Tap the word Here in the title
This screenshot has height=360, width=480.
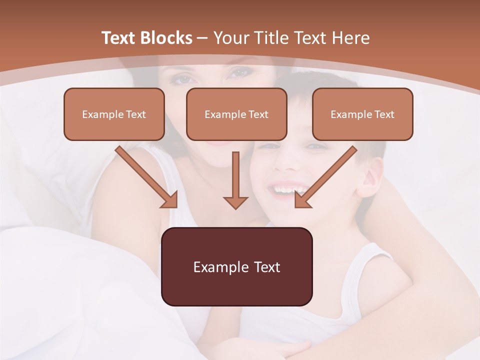point(351,38)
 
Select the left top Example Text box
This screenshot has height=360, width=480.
point(114,114)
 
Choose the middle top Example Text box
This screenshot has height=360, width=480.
point(236,114)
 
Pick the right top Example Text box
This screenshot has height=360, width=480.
point(362,114)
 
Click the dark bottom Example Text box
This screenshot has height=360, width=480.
point(236,266)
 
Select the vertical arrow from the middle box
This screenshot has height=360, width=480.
point(235,180)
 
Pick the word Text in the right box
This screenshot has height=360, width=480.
point(384,114)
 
